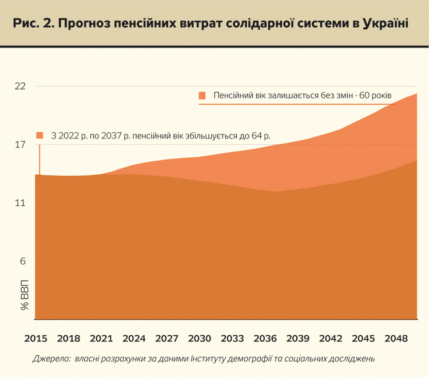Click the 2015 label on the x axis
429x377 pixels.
(x=36, y=338)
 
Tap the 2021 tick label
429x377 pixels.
(x=101, y=338)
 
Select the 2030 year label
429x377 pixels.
(x=200, y=338)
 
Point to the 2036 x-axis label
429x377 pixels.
(x=265, y=338)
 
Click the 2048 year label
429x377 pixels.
(x=397, y=338)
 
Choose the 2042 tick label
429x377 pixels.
(x=331, y=338)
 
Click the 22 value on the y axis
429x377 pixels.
(x=21, y=86)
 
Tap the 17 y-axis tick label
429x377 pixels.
(x=21, y=145)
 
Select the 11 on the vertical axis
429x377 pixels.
(x=21, y=203)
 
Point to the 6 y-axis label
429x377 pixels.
(x=23, y=261)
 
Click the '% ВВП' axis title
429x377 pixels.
(x=25, y=296)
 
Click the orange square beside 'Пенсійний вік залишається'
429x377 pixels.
(x=202, y=96)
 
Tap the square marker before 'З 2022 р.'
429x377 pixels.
(x=39, y=136)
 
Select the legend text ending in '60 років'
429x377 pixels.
(x=303, y=96)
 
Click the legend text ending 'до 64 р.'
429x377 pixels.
(x=161, y=136)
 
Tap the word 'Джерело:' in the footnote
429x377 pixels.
(x=50, y=359)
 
